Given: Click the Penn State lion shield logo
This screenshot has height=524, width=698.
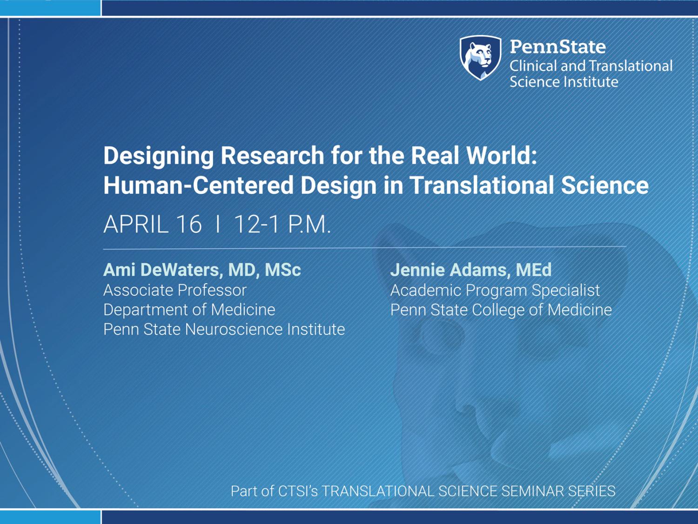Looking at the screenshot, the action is pyautogui.click(x=481, y=58).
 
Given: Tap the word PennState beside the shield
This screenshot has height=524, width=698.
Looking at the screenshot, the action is pyautogui.click(x=558, y=47).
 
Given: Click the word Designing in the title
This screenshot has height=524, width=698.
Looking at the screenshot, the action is pyautogui.click(x=159, y=157).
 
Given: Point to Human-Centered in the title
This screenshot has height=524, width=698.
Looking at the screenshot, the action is pyautogui.click(x=198, y=185).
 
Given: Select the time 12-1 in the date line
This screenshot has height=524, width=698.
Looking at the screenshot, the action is pyautogui.click(x=256, y=225).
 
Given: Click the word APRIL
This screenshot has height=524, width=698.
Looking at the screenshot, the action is pyautogui.click(x=136, y=225).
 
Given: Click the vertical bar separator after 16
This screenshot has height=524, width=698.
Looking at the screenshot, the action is pyautogui.click(x=218, y=225).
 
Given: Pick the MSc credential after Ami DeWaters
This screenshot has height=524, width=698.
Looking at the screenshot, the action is pyautogui.click(x=283, y=270).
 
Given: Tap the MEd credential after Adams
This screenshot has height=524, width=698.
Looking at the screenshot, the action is pyautogui.click(x=534, y=270).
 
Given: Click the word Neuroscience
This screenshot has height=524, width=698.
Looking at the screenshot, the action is pyautogui.click(x=234, y=329).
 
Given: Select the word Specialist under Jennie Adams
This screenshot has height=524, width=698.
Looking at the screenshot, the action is pyautogui.click(x=566, y=291).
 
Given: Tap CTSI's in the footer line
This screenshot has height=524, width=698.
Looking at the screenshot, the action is pyautogui.click(x=298, y=491).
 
